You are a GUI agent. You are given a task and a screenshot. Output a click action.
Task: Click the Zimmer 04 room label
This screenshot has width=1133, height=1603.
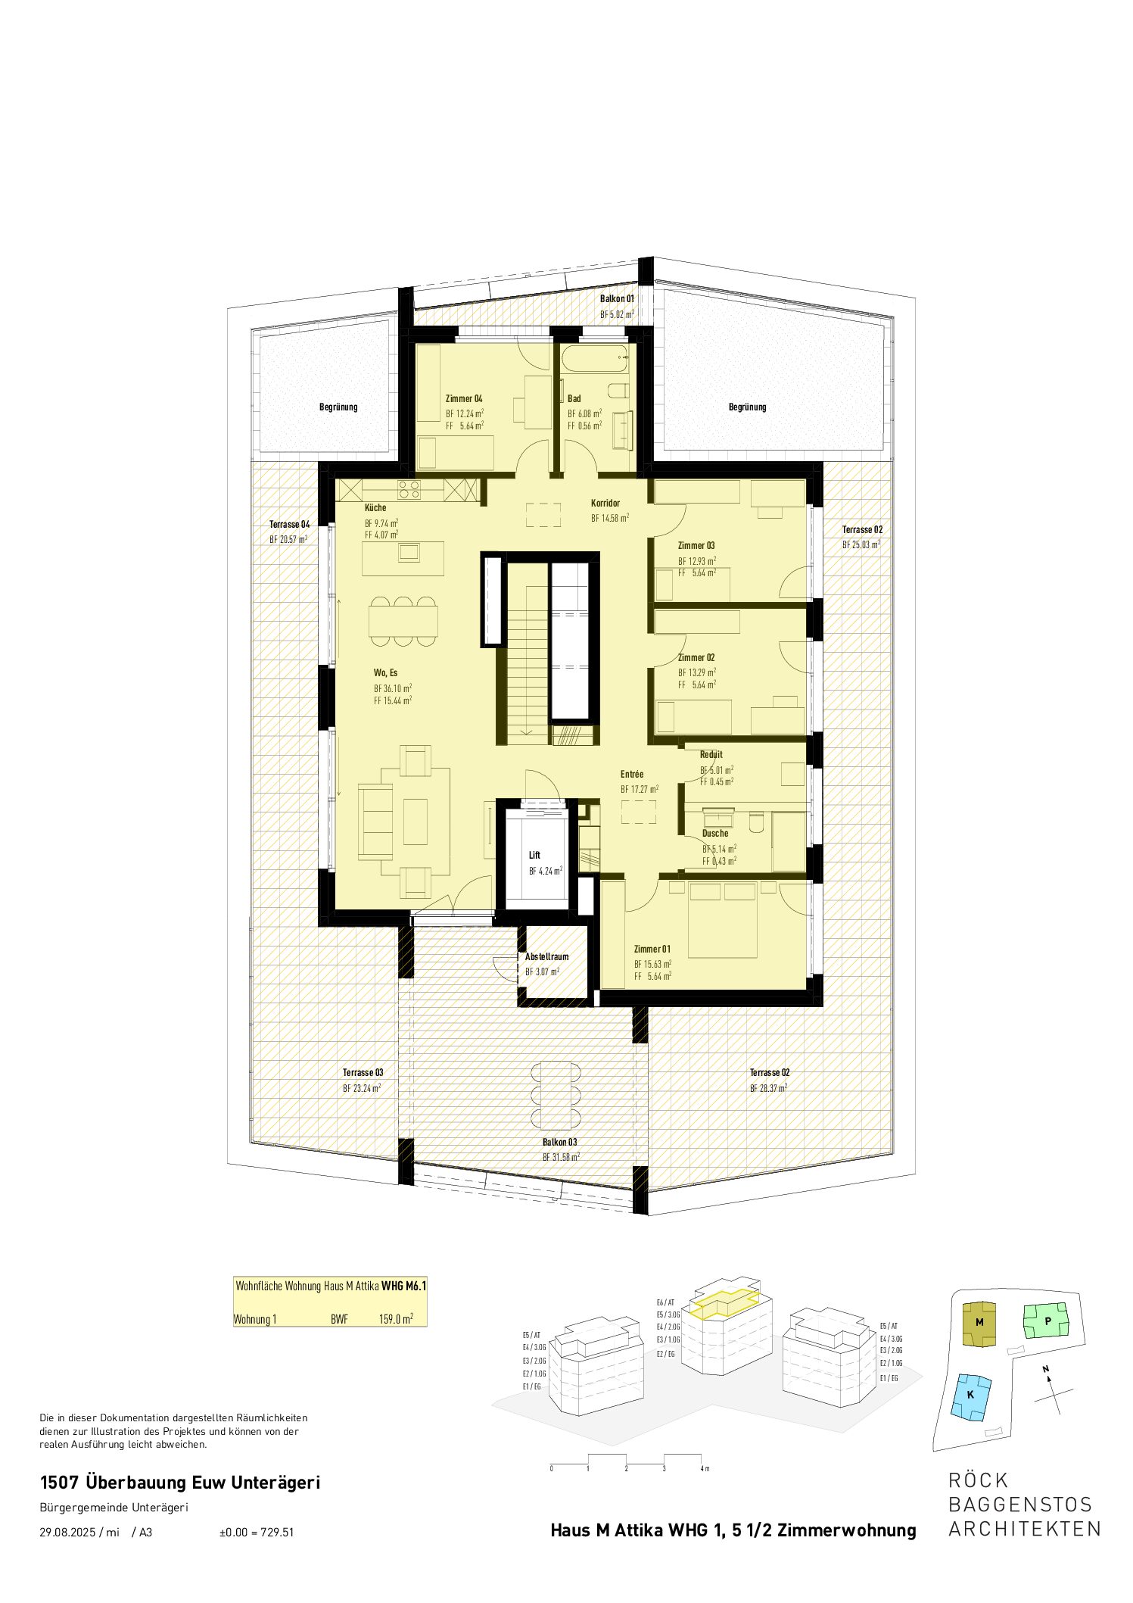[463, 398]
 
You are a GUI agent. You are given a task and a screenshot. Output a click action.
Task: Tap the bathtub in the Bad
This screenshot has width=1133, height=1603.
[596, 358]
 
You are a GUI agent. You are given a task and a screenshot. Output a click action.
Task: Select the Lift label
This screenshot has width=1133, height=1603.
[534, 855]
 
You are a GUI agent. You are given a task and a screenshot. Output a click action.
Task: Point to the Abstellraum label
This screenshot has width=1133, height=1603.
[546, 956]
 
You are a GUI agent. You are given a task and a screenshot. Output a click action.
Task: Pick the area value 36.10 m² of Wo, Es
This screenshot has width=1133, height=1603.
[393, 688]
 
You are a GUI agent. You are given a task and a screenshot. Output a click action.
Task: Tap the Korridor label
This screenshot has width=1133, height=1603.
[605, 503]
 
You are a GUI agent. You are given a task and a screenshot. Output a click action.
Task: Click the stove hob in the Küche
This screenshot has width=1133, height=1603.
[409, 490]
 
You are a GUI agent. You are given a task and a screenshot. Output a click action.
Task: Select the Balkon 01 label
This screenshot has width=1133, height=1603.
[617, 299]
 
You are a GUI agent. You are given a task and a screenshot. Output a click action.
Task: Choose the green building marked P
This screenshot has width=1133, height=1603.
[1047, 1321]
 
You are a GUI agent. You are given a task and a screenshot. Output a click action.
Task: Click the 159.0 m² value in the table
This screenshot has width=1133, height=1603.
[396, 1319]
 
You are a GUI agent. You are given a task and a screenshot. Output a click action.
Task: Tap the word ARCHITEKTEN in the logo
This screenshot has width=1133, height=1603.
[1025, 1528]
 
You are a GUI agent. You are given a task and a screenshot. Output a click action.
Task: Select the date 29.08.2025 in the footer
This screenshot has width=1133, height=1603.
[67, 1532]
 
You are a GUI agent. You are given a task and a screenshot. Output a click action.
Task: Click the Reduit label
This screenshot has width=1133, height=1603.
[711, 754]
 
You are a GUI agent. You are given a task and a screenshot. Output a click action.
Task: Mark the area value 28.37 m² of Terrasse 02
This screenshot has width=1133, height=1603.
[768, 1087]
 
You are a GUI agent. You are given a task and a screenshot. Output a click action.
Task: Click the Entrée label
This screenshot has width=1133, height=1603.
[632, 774]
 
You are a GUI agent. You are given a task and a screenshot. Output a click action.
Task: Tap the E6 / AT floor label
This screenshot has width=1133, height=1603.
[665, 1302]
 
